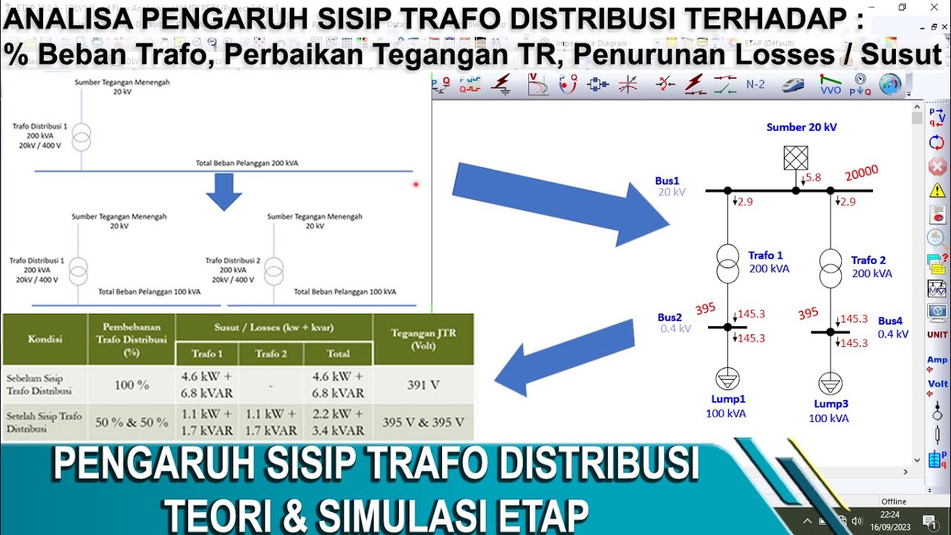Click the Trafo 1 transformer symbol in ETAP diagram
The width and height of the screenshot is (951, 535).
click(x=728, y=263)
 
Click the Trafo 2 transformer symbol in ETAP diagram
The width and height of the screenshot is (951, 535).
click(x=831, y=268)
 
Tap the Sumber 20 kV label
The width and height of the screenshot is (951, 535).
click(x=802, y=127)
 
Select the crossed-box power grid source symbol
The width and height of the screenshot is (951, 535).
click(x=796, y=158)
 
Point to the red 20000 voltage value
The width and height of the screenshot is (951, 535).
click(x=861, y=173)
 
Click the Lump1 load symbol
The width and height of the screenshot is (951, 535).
click(x=727, y=380)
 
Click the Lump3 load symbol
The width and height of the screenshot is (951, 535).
click(x=830, y=384)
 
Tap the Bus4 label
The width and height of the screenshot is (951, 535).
click(x=890, y=321)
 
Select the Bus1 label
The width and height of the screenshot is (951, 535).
click(x=667, y=181)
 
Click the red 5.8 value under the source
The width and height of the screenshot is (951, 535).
click(x=813, y=178)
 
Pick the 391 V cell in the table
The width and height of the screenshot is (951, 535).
click(x=423, y=384)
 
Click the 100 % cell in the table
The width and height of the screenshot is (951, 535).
click(x=132, y=385)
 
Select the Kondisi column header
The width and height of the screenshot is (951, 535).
click(x=45, y=339)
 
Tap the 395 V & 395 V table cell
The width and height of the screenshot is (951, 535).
click(x=423, y=422)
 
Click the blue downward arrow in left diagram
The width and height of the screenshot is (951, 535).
click(x=224, y=192)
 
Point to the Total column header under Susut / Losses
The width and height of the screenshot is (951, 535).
click(x=338, y=354)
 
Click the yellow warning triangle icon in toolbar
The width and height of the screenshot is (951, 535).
click(x=937, y=190)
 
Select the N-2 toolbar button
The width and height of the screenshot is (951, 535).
click(x=755, y=84)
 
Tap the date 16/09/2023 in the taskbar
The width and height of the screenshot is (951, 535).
click(x=891, y=526)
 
